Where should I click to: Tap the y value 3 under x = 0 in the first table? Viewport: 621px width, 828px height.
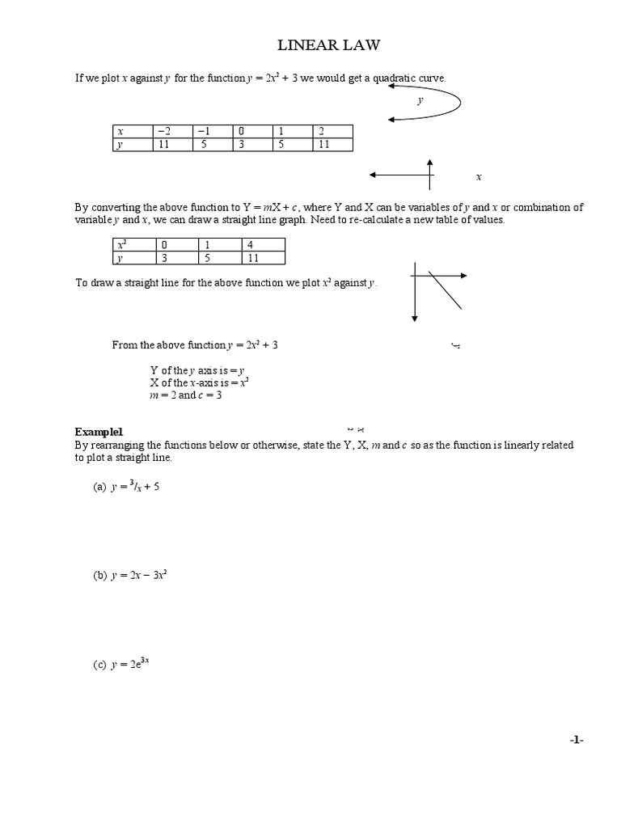point(251,145)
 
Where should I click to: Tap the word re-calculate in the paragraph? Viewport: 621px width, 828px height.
point(428,220)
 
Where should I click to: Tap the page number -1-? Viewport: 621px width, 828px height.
point(575,739)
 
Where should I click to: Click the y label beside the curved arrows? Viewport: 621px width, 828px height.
point(420,101)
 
